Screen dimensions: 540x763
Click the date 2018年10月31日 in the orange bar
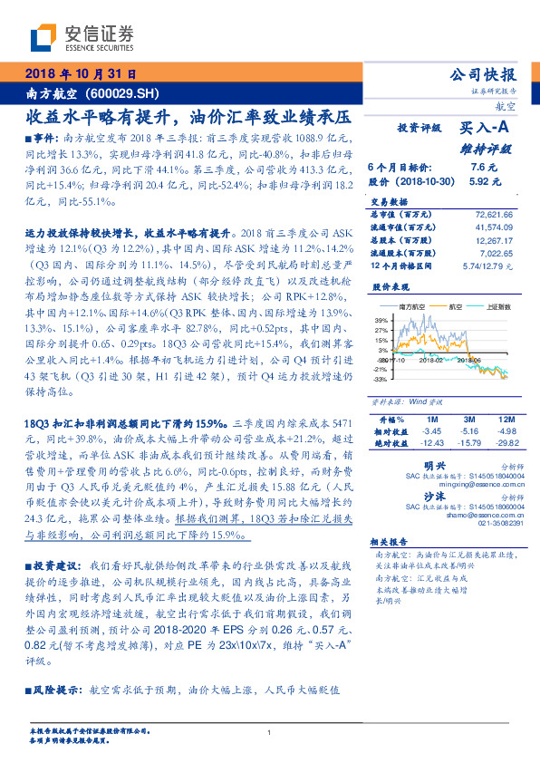pos(82,74)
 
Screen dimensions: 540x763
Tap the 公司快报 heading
pos(487,74)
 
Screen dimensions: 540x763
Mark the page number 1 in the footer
pos(270,733)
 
